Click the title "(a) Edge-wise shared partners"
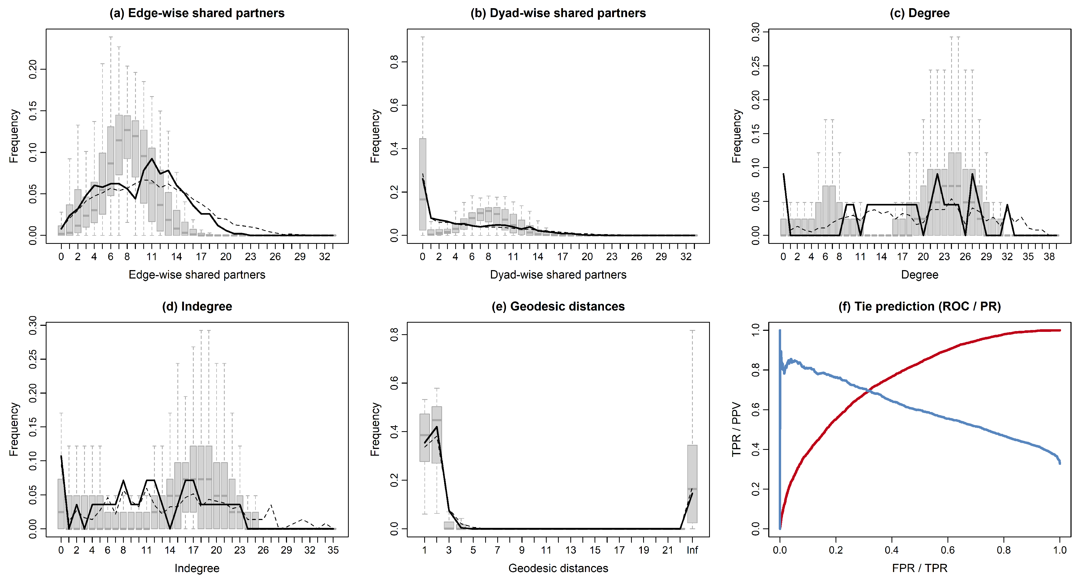197,13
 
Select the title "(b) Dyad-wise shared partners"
558,13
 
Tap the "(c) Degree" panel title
919,13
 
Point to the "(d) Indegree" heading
197,306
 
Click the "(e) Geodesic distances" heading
558,306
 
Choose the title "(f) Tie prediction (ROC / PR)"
919,306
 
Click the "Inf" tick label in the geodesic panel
692,550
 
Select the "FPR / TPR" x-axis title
919,568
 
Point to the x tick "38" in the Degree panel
1049,257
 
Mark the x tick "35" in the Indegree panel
333,550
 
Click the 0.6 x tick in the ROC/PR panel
947,550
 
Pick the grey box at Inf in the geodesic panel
692,484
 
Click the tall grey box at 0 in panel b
423,184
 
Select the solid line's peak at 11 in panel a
152,159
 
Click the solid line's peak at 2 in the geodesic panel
437,427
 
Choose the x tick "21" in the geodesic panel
668,550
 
